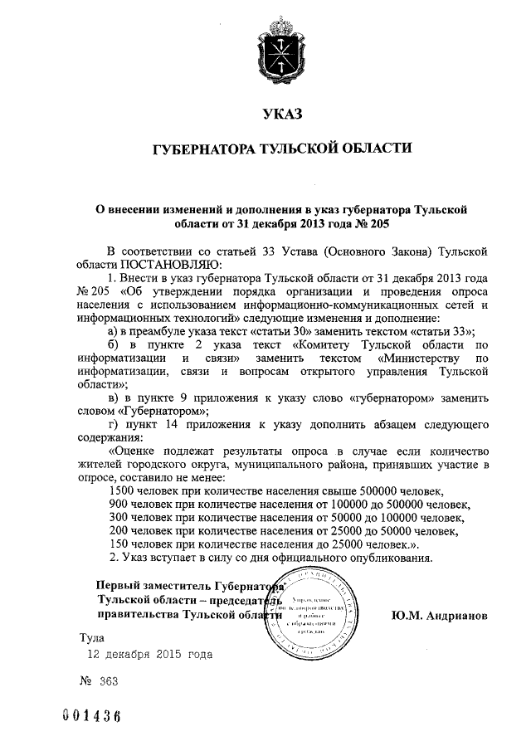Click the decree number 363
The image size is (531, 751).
point(108,680)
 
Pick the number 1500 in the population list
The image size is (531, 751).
point(124,490)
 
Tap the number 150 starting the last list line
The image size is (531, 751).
point(119,544)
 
